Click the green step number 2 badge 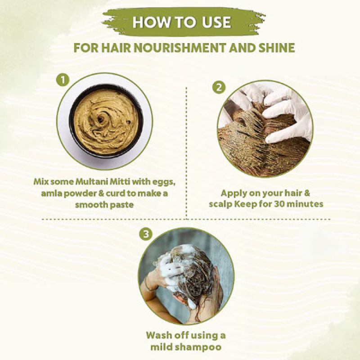[x=219, y=87]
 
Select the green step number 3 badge [x=146, y=234]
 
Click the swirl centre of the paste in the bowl [x=100, y=118]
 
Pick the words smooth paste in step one [x=104, y=205]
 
